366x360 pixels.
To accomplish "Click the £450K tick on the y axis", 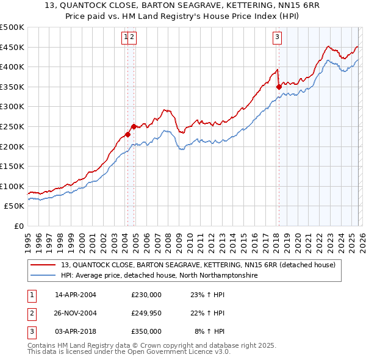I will (x=12, y=47).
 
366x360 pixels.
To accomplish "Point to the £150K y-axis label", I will (x=12, y=166).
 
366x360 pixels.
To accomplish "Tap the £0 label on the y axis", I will (x=18, y=226).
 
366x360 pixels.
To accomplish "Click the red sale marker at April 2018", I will (x=278, y=87).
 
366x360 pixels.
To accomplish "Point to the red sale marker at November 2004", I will (x=134, y=126).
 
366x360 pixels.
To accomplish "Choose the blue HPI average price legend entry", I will (x=159, y=276).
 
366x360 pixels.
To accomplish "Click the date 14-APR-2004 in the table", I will (x=76, y=295).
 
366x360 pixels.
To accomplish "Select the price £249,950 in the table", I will (x=146, y=313).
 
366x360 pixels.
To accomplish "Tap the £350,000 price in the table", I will (x=146, y=331).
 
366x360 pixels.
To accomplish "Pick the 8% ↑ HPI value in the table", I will (x=209, y=331).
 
